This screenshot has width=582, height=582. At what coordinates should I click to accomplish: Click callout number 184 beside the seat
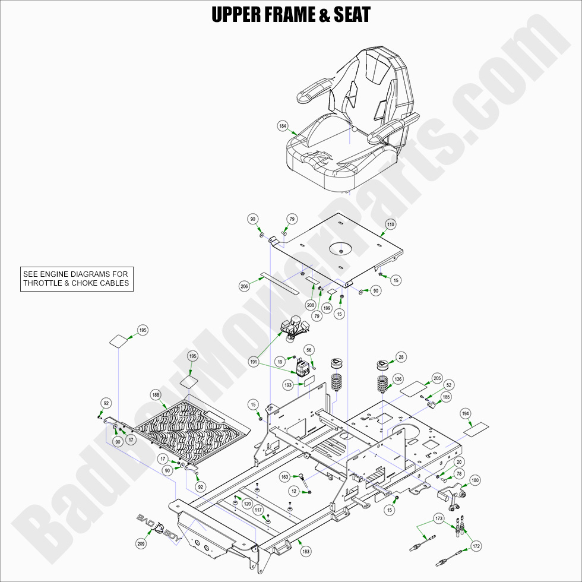(x=283, y=126)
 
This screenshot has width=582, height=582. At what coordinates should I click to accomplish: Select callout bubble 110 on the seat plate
(x=390, y=224)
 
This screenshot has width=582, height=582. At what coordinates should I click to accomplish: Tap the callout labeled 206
(x=244, y=286)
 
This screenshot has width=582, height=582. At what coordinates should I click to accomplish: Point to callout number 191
(x=254, y=361)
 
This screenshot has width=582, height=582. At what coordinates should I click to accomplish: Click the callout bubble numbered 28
(x=402, y=357)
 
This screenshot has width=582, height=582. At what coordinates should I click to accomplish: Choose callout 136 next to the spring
(x=397, y=379)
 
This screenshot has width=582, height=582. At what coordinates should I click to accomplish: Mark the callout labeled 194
(x=466, y=413)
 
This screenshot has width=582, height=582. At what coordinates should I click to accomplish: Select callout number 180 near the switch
(x=475, y=480)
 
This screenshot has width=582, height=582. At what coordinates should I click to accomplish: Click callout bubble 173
(x=439, y=519)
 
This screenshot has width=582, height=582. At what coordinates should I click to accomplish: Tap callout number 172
(x=476, y=545)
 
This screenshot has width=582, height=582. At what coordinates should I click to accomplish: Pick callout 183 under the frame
(x=306, y=552)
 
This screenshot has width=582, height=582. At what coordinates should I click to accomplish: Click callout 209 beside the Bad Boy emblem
(x=141, y=542)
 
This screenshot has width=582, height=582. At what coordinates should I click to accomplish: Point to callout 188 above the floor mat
(x=156, y=394)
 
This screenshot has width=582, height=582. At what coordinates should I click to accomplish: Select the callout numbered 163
(x=285, y=476)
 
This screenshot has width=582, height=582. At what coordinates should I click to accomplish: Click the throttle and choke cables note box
(x=75, y=279)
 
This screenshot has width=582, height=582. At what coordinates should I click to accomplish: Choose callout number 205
(x=437, y=378)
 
